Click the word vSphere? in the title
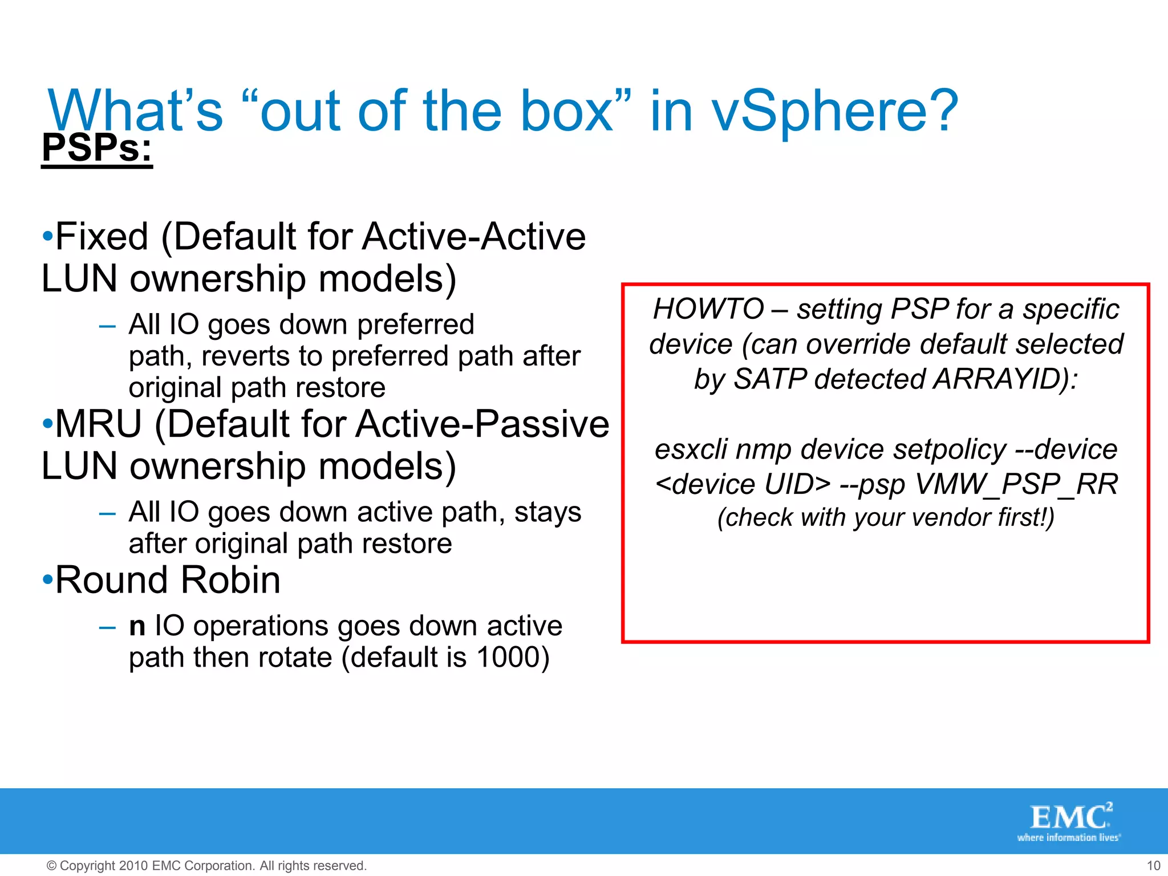pyautogui.click(x=835, y=111)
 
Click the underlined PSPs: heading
pyautogui.click(x=97, y=148)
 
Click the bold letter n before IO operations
pyautogui.click(x=137, y=627)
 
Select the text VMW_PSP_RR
pyautogui.click(x=1016, y=485)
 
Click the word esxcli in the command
pyautogui.click(x=691, y=450)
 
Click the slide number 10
pyautogui.click(x=1153, y=866)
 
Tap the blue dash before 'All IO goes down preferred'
pyautogui.click(x=107, y=326)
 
